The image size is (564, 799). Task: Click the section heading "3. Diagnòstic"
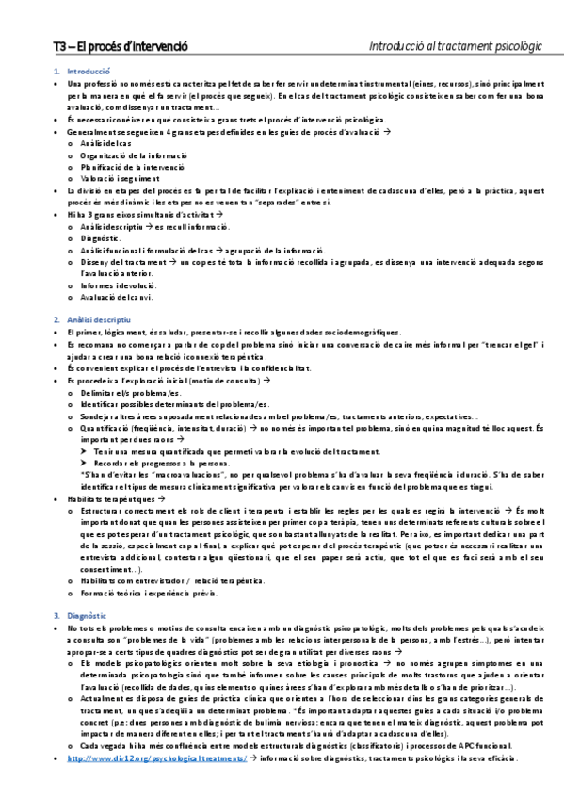tap(89, 615)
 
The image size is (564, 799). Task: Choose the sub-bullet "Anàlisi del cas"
tap(105, 142)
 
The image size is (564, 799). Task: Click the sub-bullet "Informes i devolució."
tap(118, 285)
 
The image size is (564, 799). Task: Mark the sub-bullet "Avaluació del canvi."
tap(118, 298)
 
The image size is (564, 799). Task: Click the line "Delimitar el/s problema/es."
tap(130, 391)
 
